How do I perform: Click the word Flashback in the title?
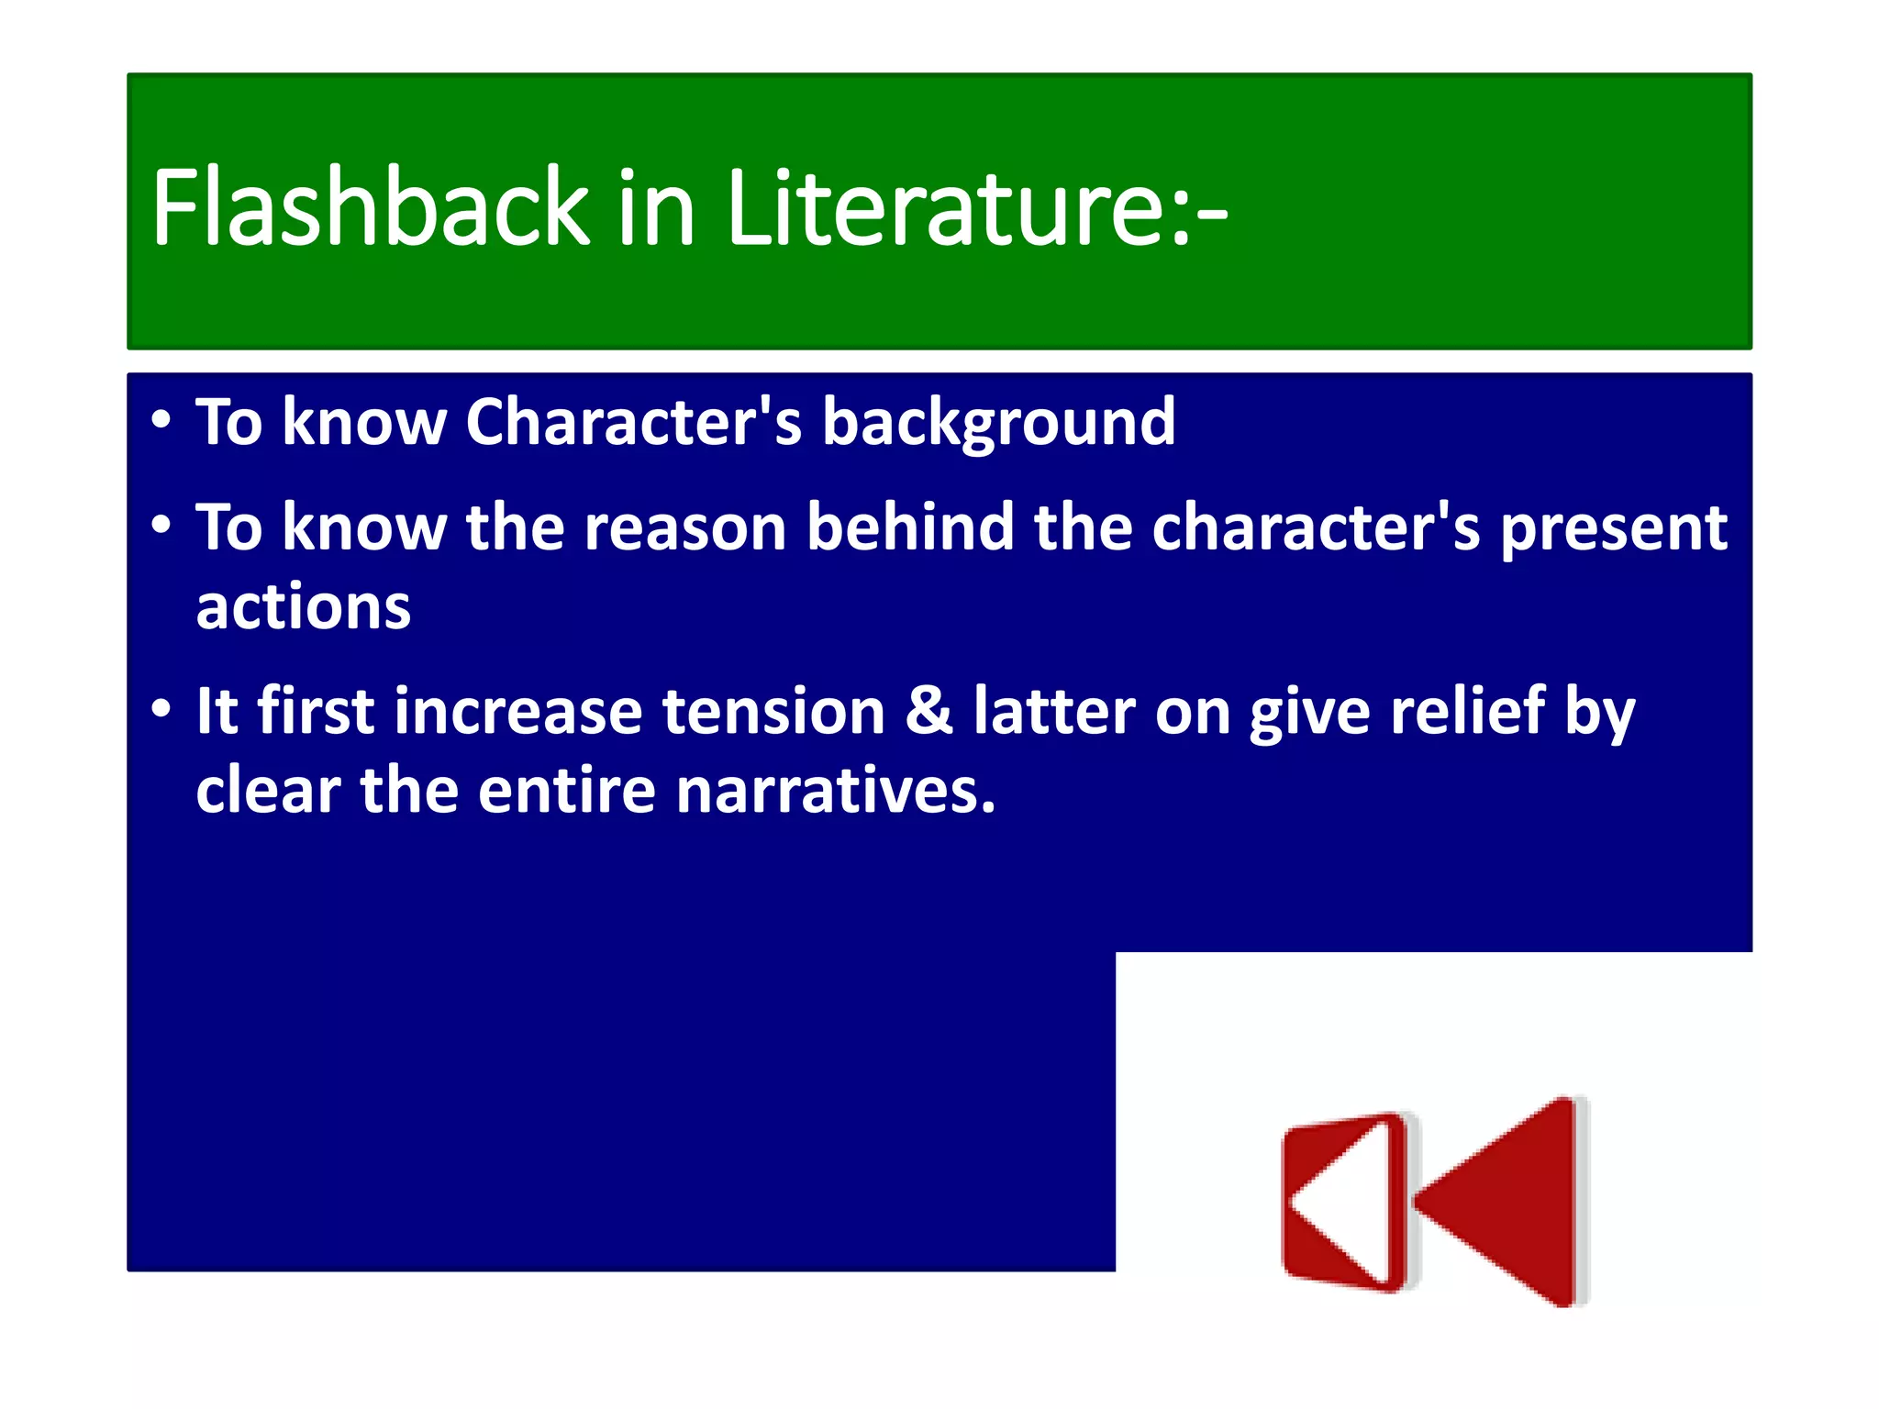point(370,208)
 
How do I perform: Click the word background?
point(998,424)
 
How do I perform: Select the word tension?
point(773,712)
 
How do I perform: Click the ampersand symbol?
point(928,712)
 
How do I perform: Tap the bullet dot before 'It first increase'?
point(161,708)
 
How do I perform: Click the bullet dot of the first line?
point(161,420)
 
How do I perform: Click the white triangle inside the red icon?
point(1345,1202)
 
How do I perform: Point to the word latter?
point(1054,712)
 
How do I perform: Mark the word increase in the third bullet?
point(518,712)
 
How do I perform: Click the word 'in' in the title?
point(656,208)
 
